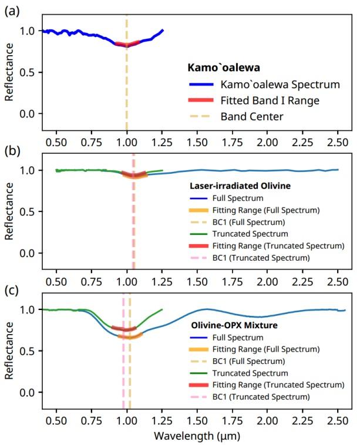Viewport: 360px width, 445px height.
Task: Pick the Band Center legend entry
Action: pos(252,117)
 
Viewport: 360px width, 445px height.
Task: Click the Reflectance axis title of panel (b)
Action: pos(9,211)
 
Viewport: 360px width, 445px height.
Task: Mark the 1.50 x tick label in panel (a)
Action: pos(197,142)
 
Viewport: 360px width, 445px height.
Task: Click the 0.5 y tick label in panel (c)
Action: pos(29,350)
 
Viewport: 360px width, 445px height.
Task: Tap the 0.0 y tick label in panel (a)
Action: pos(29,113)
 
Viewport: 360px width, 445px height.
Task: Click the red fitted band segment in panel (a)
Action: pos(127,44)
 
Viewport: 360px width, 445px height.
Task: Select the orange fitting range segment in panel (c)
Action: pos(130,336)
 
